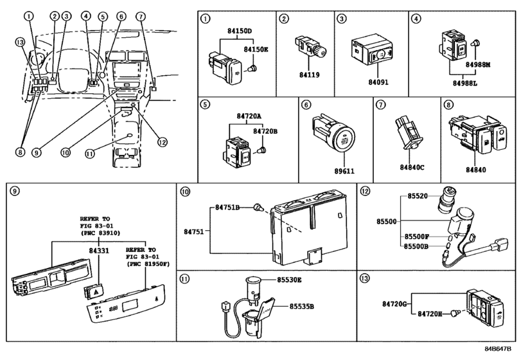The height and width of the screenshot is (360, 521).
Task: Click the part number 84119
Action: [310, 75]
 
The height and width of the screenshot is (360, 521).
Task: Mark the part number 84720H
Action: [432, 314]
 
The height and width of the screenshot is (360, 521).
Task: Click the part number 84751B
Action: [228, 208]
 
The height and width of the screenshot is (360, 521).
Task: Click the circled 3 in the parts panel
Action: [342, 19]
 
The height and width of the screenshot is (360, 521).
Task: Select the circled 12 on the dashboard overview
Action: [161, 143]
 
